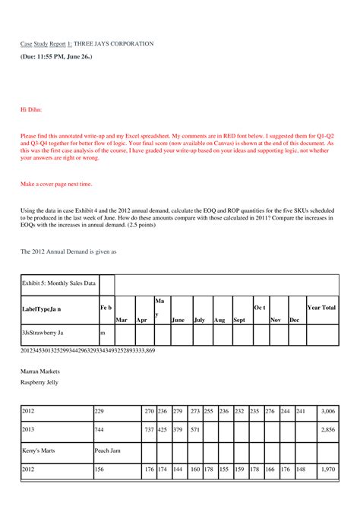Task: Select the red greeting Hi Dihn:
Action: click(x=32, y=109)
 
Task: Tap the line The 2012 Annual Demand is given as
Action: click(x=68, y=250)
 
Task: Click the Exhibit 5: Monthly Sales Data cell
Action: click(x=58, y=283)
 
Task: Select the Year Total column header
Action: click(x=321, y=307)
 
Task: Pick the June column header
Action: click(x=178, y=320)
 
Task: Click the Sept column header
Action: click(x=239, y=320)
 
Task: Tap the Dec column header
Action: click(x=295, y=320)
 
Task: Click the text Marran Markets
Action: click(x=39, y=371)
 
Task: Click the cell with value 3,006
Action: click(x=327, y=411)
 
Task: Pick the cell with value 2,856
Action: click(x=327, y=430)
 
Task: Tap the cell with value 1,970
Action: click(x=327, y=469)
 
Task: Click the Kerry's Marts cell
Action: click(x=38, y=450)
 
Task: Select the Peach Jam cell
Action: click(x=108, y=450)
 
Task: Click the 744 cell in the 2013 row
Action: click(x=99, y=430)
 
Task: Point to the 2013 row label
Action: click(x=28, y=430)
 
